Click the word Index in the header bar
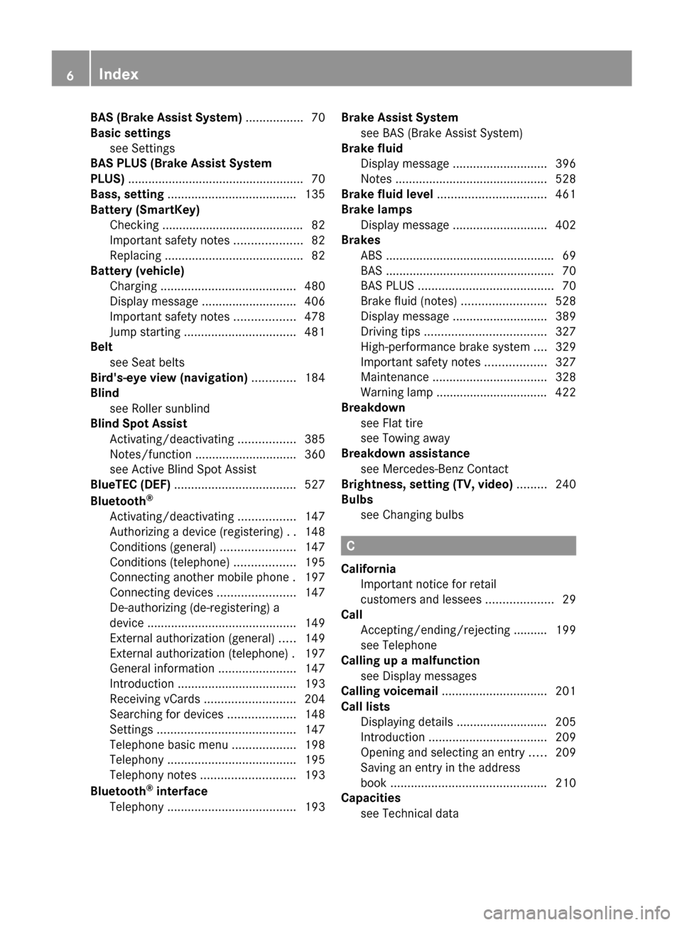pos(119,74)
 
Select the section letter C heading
pos(351,546)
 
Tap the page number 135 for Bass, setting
pos(315,195)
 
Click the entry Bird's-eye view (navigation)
pos(169,378)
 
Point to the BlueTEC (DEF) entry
pos(130,485)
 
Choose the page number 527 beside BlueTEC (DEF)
pos(315,485)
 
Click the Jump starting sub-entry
pos(145,332)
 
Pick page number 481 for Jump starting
pos(315,332)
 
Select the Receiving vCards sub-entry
pos(155,699)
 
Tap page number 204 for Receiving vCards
pos(315,699)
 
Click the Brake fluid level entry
pos(387,195)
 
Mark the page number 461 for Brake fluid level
pos(565,195)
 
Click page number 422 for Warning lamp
pos(565,392)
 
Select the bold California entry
pos(369,569)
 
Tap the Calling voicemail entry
pos(389,691)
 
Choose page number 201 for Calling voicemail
pos(565,691)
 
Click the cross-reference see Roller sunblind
pos(160,409)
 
